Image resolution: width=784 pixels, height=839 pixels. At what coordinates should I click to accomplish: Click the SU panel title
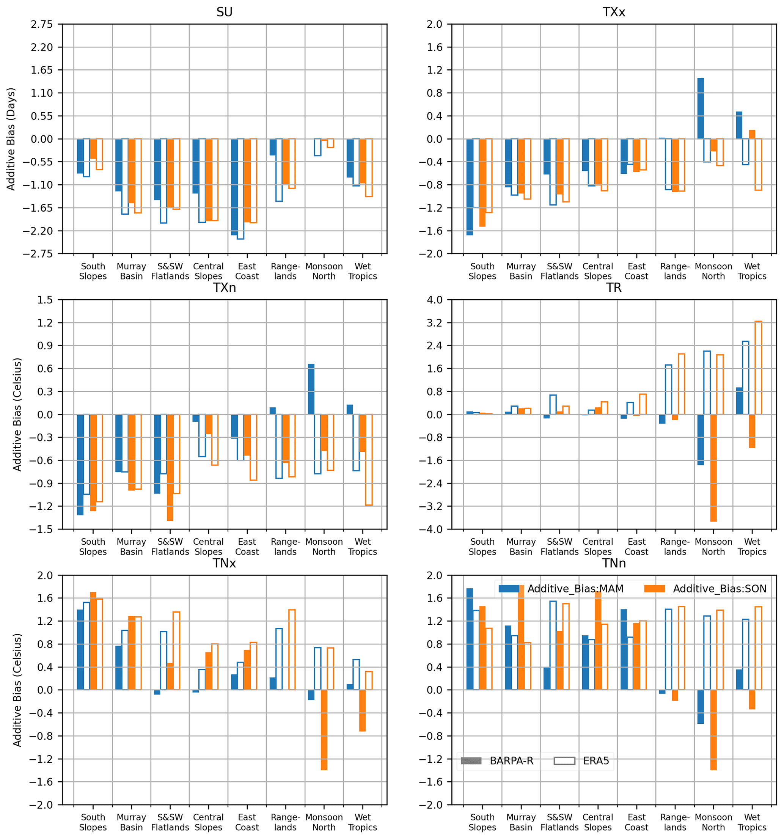[x=224, y=12]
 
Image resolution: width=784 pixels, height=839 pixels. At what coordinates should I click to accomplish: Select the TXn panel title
[x=224, y=288]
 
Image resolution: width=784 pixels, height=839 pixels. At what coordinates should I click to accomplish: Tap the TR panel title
[x=614, y=288]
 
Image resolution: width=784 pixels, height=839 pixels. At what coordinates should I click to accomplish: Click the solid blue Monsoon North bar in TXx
[x=701, y=108]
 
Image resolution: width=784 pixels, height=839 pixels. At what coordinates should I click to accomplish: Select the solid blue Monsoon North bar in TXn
[x=311, y=389]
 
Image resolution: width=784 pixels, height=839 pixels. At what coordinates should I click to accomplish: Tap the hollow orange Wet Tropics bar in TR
[x=758, y=368]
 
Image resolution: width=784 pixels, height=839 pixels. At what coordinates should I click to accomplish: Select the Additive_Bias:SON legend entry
[x=705, y=589]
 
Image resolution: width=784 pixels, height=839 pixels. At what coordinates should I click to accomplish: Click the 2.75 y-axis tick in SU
[x=41, y=24]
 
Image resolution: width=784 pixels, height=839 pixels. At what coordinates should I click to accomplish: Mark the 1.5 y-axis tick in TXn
[x=45, y=300]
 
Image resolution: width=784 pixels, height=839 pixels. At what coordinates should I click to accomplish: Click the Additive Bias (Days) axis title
[x=11, y=139]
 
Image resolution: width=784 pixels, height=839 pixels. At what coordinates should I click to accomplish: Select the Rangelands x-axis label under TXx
[x=675, y=271]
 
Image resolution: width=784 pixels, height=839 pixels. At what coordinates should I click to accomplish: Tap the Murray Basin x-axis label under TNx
[x=131, y=822]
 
